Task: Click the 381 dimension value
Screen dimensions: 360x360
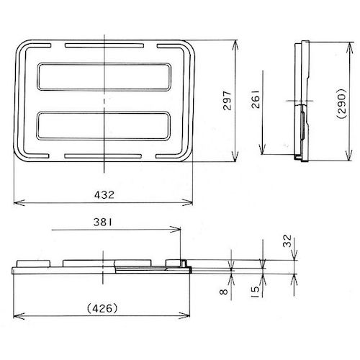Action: click(x=104, y=222)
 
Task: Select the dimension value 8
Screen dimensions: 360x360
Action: click(x=225, y=293)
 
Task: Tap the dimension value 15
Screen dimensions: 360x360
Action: click(x=257, y=292)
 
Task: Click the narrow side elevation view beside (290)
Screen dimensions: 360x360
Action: click(x=303, y=101)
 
